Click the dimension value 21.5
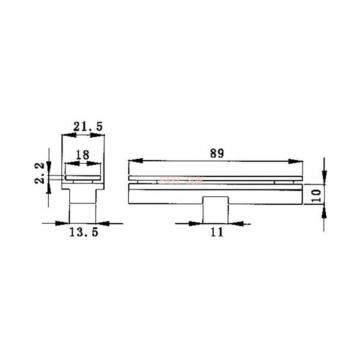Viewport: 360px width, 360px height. [x=88, y=126]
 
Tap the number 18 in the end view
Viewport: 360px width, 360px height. [x=82, y=155]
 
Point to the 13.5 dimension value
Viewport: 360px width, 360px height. [x=83, y=232]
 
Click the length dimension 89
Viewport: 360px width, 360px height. [x=216, y=153]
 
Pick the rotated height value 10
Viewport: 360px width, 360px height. [x=316, y=194]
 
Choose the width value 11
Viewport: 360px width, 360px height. [x=216, y=232]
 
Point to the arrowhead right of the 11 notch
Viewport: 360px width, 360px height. [x=235, y=223]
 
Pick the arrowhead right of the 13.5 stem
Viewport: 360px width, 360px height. [x=103, y=223]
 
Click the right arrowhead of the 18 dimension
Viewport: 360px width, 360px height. [x=95, y=163]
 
